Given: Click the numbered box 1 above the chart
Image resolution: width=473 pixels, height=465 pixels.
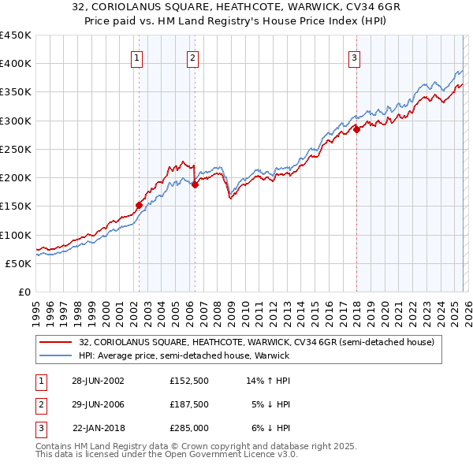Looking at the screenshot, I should (x=137, y=57).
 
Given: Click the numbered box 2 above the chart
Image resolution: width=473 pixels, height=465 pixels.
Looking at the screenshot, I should (x=192, y=57).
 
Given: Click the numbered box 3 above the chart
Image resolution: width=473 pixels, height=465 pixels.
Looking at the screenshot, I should (x=354, y=57).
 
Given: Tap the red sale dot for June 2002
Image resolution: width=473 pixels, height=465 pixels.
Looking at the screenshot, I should (x=140, y=205).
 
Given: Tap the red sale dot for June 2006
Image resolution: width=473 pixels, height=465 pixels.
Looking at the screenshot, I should (x=195, y=185).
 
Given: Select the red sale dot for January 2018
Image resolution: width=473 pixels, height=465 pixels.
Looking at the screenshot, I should (x=356, y=129).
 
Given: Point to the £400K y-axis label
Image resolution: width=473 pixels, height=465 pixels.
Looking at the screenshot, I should (x=16, y=64).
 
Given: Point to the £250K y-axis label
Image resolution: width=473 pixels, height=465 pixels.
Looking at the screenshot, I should (x=16, y=149).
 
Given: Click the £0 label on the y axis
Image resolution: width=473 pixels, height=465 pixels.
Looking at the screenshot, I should (x=24, y=292).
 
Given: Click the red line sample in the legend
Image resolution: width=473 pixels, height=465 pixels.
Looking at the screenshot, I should (x=56, y=342).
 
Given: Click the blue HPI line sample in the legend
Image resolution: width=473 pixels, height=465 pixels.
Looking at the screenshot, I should (x=56, y=356).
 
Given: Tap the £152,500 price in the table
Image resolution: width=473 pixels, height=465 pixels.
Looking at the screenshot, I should (x=189, y=381).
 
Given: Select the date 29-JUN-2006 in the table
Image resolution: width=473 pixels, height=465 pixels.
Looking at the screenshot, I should (x=99, y=404).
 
